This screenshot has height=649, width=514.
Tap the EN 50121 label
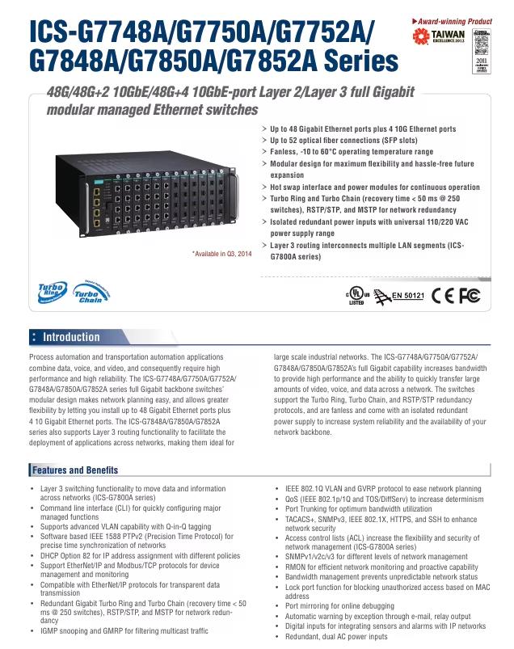click(x=408, y=295)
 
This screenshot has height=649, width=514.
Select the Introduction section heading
click(x=71, y=337)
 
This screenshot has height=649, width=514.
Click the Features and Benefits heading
click(x=75, y=470)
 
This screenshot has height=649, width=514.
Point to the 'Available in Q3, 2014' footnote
click(x=222, y=255)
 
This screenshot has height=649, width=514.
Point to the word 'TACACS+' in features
click(x=303, y=520)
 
